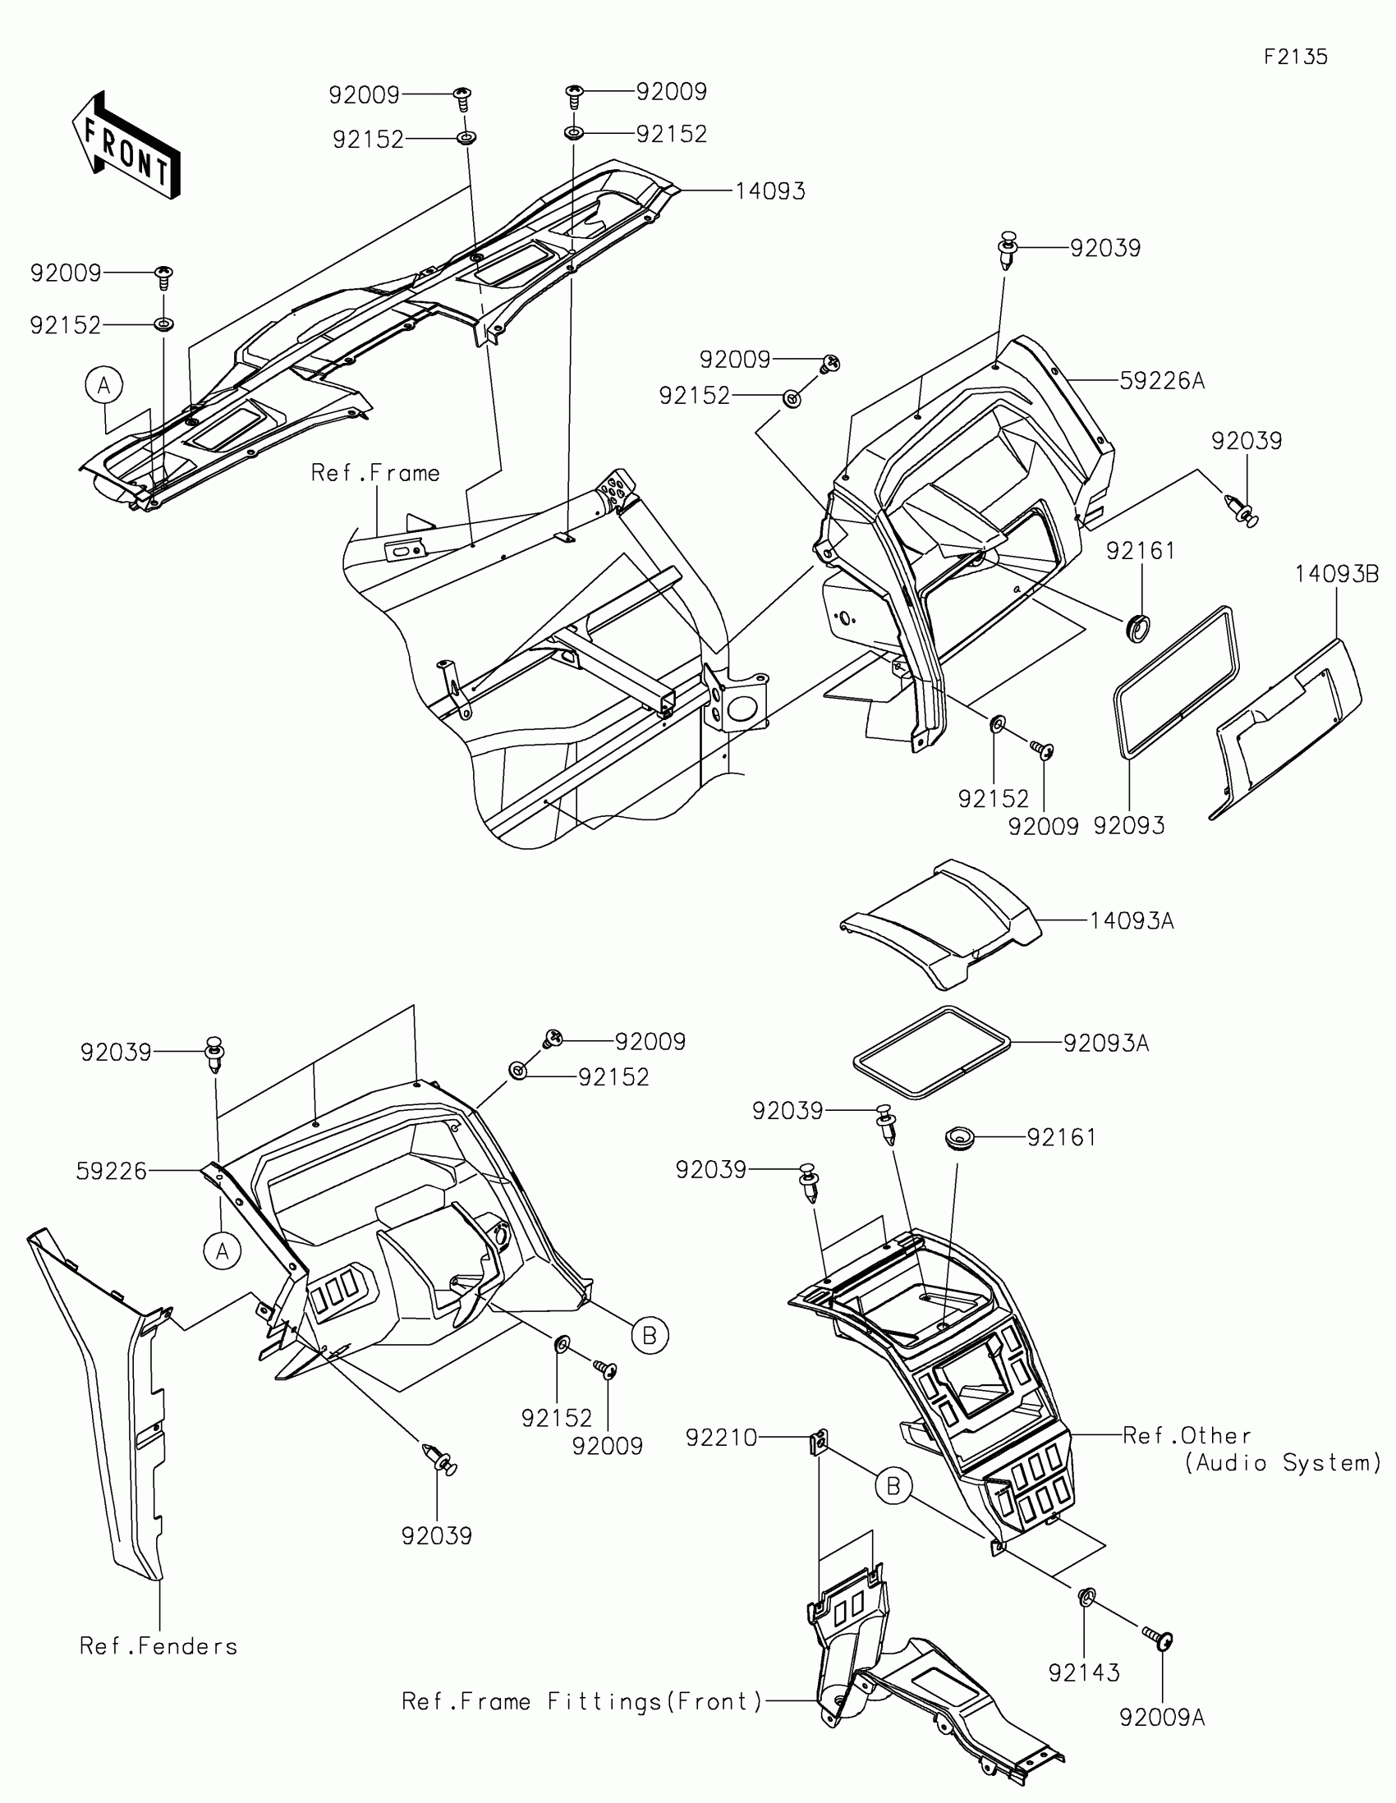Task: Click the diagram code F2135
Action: pos(1295,57)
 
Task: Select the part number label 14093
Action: pos(769,191)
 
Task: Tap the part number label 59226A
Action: pos(1161,381)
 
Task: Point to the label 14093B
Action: pos(1336,574)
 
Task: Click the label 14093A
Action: pos(1131,920)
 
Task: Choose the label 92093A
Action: pos(1105,1044)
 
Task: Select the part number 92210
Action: pos(721,1438)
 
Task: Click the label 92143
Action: pos(1084,1672)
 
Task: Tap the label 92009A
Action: pos(1161,1718)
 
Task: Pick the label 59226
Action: pos(112,1171)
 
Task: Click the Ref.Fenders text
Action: pos(158,1646)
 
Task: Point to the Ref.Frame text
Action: pos(375,473)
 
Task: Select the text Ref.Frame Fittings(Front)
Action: pos(582,1701)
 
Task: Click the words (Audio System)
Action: pos(1283,1463)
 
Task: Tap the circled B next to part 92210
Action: pos(893,1487)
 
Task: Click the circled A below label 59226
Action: pos(222,1251)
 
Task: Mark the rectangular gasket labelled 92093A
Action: pos(931,1053)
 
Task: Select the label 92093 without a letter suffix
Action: pos(1128,825)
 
